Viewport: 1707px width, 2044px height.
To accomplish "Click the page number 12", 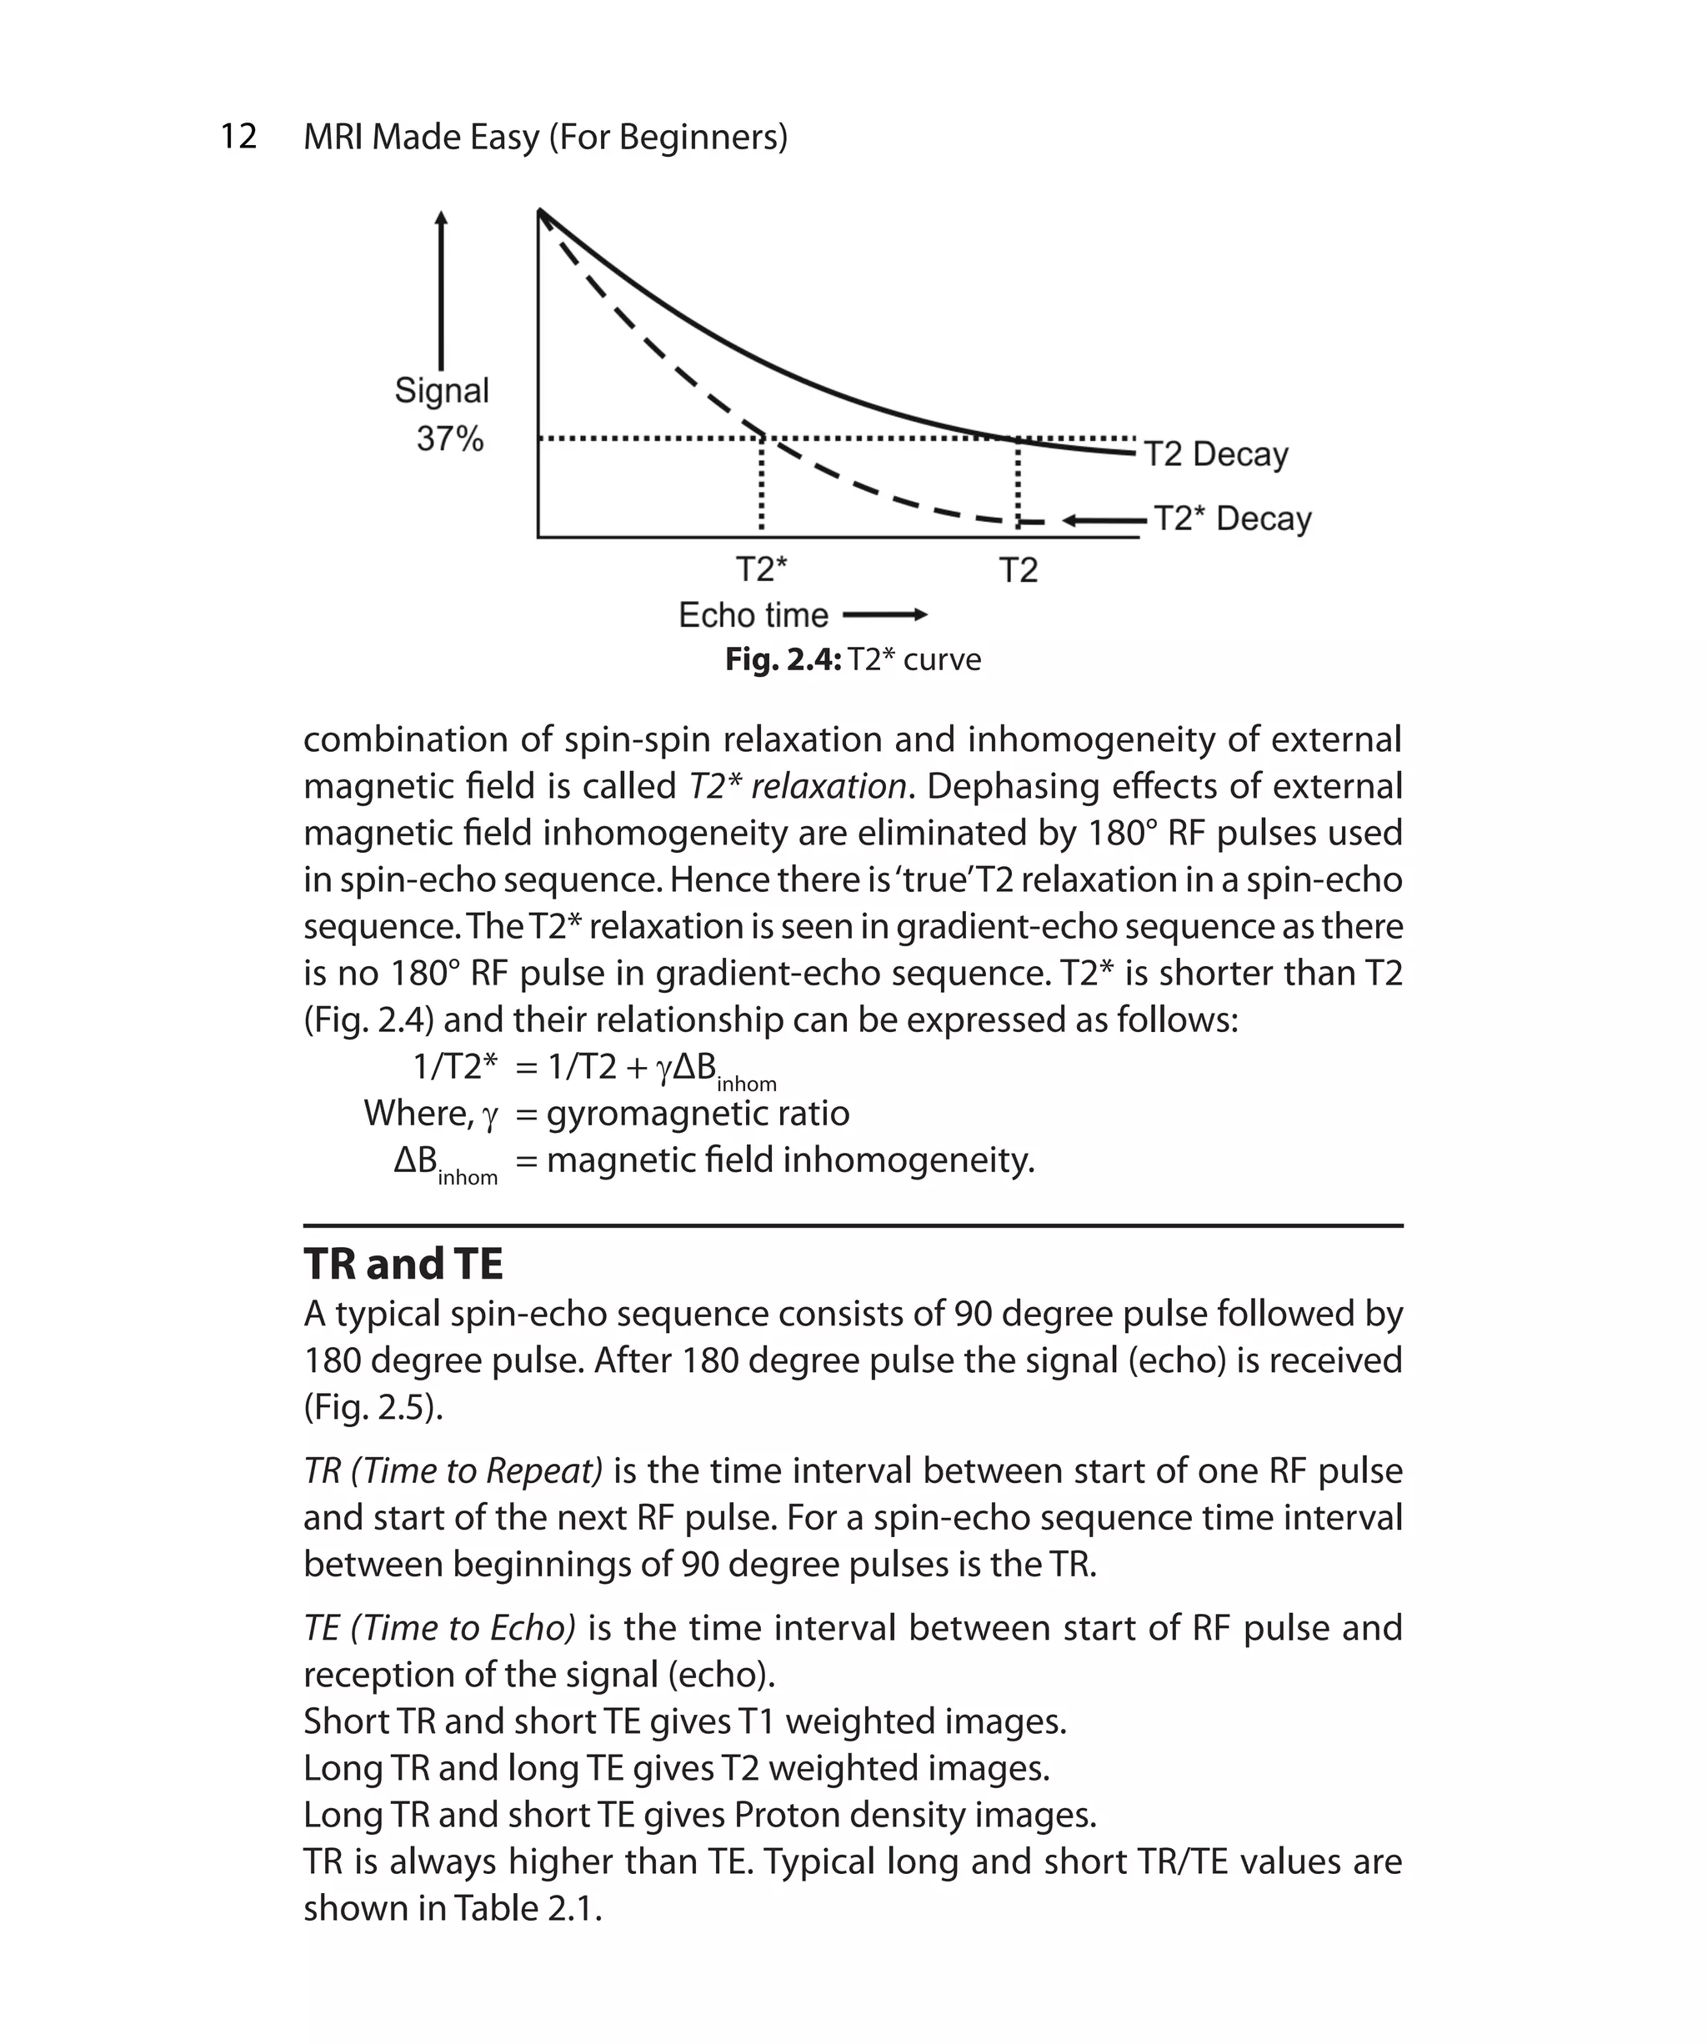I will tap(238, 136).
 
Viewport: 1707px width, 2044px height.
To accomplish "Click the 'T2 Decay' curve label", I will tap(1214, 454).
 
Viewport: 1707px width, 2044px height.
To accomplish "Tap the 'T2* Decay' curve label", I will tap(1232, 519).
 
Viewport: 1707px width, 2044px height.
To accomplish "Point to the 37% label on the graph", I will tap(449, 439).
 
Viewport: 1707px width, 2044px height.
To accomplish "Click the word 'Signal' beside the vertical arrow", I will tap(442, 390).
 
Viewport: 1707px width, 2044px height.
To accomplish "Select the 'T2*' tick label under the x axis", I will tap(761, 569).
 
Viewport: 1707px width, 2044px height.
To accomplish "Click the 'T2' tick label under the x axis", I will tap(1018, 569).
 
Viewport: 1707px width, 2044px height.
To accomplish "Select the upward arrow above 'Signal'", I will tap(441, 292).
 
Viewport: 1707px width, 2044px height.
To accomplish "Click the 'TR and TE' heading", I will tap(403, 1265).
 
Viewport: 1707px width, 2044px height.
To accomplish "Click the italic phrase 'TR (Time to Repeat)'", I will tap(453, 1470).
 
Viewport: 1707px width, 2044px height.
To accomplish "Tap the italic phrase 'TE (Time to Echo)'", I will tap(440, 1627).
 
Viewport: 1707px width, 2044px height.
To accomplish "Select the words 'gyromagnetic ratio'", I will tap(698, 1114).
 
